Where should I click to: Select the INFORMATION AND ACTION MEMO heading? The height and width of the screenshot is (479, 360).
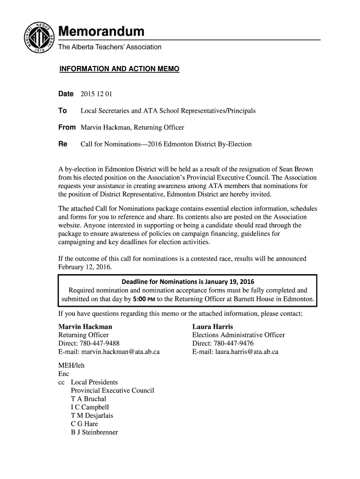point(119,69)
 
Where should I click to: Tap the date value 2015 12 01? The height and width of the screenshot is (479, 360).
point(97,94)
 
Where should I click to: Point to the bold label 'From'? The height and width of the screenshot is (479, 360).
point(67,127)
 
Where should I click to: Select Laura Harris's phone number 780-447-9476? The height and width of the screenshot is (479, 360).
point(233,343)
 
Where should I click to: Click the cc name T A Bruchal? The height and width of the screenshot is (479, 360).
point(88,399)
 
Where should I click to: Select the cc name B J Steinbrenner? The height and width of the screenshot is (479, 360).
point(94,433)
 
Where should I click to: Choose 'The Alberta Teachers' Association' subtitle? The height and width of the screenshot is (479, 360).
point(109,47)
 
